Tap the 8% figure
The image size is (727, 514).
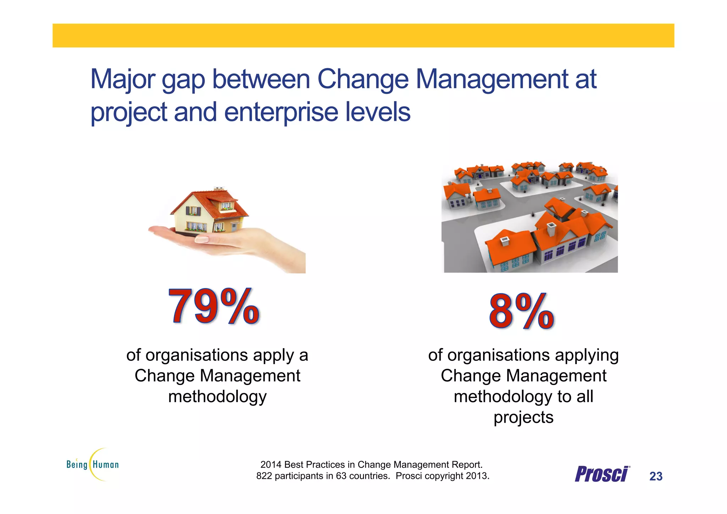click(x=521, y=311)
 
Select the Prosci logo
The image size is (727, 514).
click(x=602, y=474)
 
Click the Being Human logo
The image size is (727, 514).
click(x=93, y=464)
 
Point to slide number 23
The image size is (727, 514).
click(x=656, y=476)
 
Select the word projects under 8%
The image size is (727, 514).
click(x=523, y=417)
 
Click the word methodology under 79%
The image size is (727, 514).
click(x=217, y=396)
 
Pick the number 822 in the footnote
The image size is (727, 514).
click(x=264, y=476)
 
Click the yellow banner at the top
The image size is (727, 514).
click(x=363, y=36)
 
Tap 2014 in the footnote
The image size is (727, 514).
click(x=270, y=465)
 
